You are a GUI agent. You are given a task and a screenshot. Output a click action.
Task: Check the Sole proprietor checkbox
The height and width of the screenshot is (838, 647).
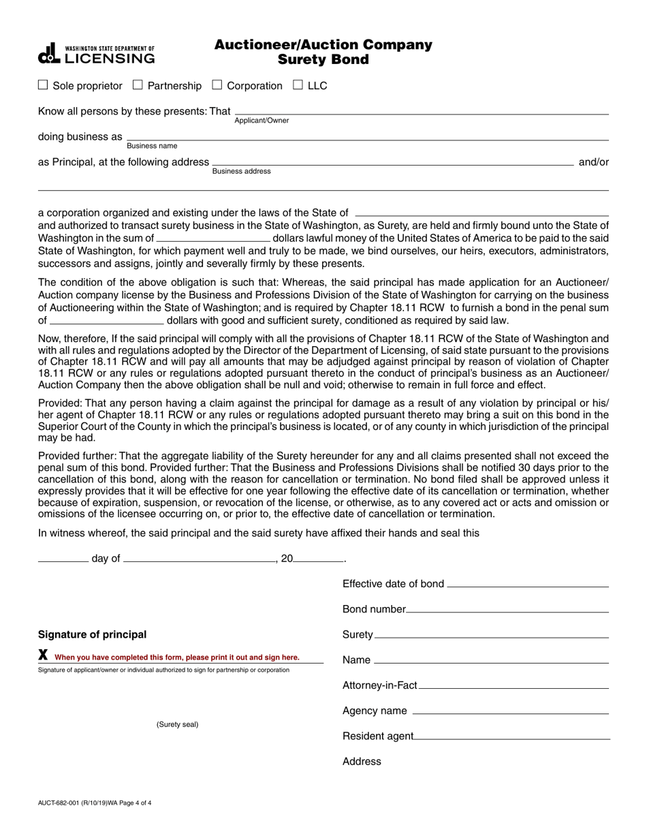point(43,85)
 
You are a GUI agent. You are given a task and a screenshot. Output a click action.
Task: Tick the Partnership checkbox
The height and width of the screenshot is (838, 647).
point(138,85)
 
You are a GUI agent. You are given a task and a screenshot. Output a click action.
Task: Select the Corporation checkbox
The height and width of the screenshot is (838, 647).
point(217,85)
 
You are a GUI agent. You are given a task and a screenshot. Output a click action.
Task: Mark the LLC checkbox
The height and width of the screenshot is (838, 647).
point(298,85)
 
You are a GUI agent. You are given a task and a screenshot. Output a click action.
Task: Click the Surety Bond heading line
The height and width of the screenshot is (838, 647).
point(323,60)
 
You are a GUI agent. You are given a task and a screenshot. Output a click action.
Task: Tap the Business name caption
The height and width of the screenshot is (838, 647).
point(152,146)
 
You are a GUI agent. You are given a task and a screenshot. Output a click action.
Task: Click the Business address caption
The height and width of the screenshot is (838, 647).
point(241,172)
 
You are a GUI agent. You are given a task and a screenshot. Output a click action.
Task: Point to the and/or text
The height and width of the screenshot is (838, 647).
point(593,162)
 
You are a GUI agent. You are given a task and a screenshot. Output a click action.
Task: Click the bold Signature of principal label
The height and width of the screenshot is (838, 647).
point(92,635)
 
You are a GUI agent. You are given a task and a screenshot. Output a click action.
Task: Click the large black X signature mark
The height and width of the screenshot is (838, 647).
point(43,655)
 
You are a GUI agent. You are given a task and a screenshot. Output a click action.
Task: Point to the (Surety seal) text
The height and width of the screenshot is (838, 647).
point(177,724)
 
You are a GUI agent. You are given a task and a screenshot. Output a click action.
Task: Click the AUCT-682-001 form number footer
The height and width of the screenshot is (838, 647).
point(95,803)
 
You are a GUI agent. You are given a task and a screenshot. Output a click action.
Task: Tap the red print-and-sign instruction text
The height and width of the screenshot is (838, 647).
point(177,657)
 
